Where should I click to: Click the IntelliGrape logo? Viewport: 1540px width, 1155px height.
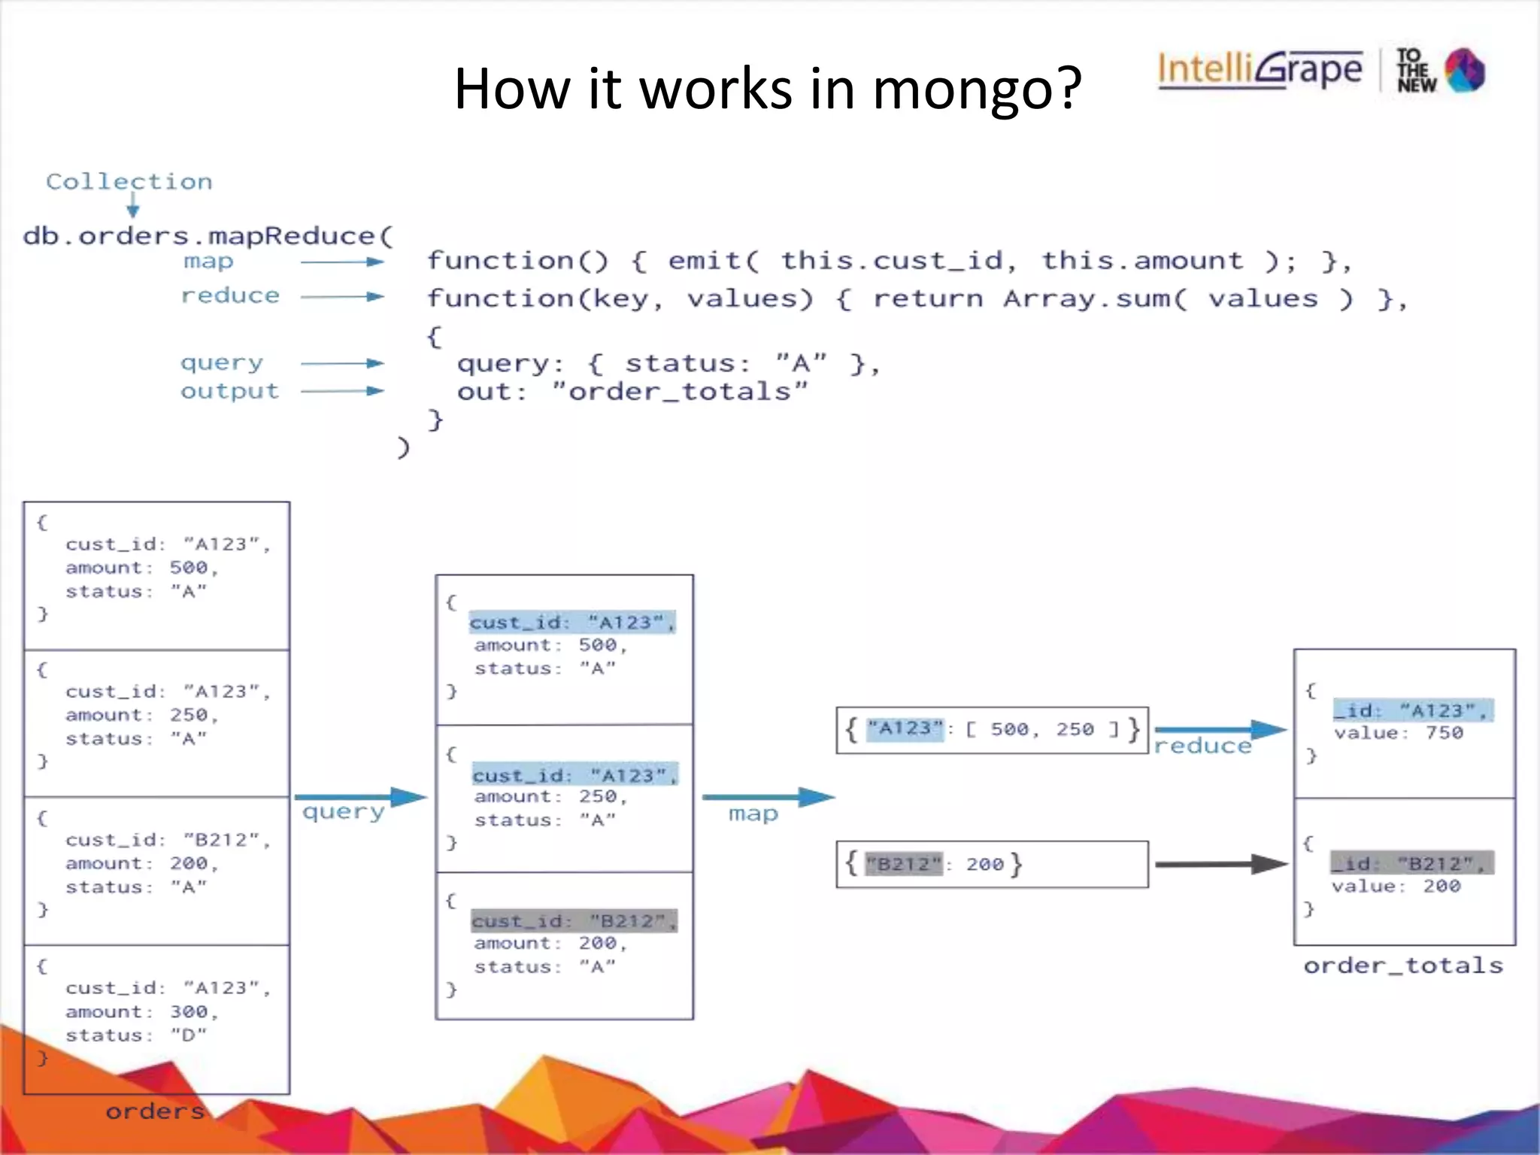click(1260, 69)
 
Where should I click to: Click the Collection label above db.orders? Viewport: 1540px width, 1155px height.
click(129, 181)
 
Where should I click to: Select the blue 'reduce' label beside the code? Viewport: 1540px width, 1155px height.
click(230, 296)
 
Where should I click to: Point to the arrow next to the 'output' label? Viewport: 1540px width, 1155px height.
click(342, 391)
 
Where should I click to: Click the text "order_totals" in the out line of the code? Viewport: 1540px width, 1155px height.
click(680, 392)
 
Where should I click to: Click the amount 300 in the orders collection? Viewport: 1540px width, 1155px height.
click(189, 1012)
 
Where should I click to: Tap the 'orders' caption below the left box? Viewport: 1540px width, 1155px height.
click(155, 1111)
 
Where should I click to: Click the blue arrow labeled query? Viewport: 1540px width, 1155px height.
click(360, 797)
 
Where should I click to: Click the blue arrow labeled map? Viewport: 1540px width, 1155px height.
click(768, 797)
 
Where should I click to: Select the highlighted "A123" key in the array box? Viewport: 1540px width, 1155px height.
click(905, 729)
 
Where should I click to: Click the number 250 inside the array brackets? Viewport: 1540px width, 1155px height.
click(1075, 729)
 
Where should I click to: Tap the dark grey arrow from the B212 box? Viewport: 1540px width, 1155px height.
click(1220, 865)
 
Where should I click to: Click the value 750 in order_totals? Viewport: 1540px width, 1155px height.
click(1444, 733)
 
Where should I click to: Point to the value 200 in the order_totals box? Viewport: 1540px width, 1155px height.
click(1441, 887)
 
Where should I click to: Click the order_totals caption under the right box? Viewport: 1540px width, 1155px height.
click(1403, 966)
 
